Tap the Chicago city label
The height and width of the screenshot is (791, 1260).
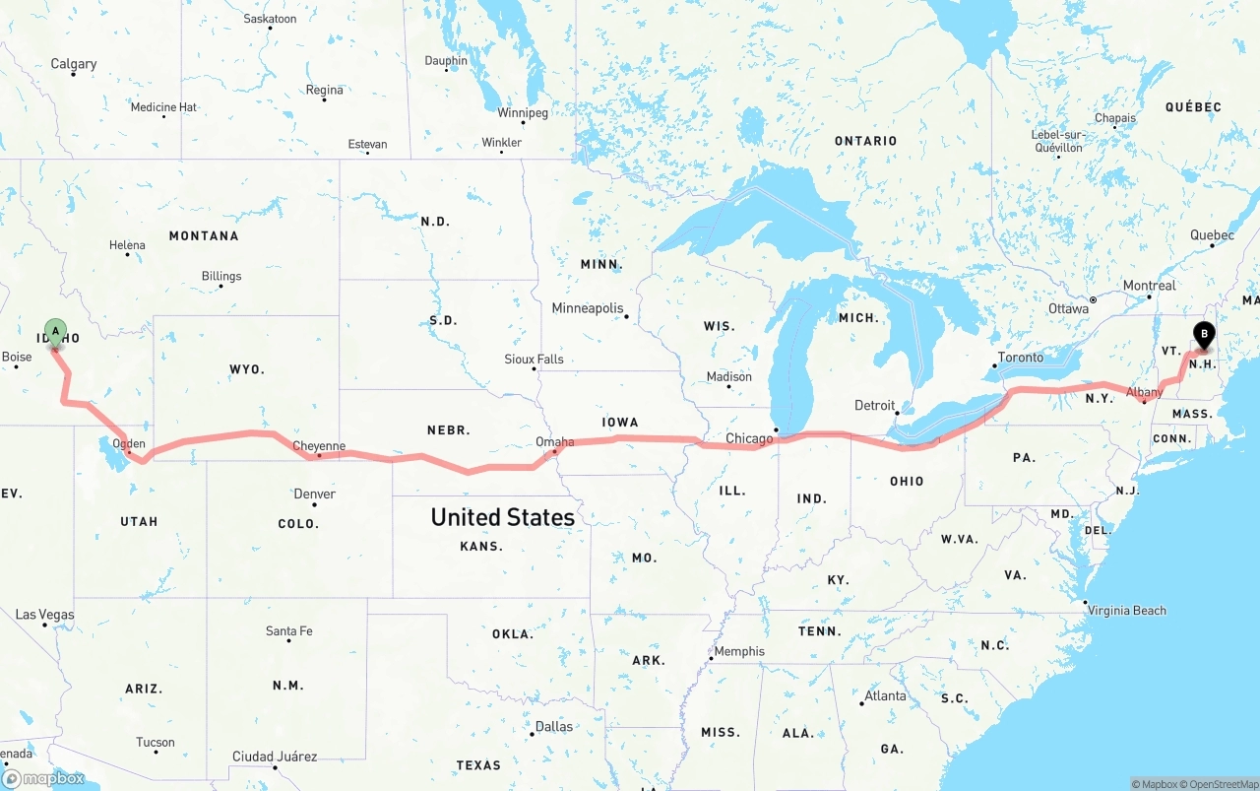[x=749, y=438]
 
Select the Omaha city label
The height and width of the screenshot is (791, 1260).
[x=554, y=442]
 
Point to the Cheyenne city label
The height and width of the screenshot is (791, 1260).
[x=319, y=446]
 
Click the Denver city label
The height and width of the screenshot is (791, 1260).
[x=314, y=494]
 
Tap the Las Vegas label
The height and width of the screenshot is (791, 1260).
[x=44, y=615]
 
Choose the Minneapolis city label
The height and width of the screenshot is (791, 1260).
[x=588, y=308]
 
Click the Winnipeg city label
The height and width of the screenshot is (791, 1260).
[x=523, y=112]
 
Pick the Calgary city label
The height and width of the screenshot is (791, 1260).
[x=74, y=64]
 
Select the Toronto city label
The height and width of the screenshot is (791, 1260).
[x=1020, y=358]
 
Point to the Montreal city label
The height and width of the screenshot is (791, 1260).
[x=1150, y=286]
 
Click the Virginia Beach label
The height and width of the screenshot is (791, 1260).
[x=1126, y=611]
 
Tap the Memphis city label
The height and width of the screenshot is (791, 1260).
[x=739, y=651]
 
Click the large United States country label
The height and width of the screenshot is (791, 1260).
[x=502, y=517]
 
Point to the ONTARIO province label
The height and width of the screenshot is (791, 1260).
[x=865, y=141]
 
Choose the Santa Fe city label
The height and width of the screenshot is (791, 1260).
[x=288, y=630]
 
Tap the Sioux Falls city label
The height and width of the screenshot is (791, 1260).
[x=534, y=359]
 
